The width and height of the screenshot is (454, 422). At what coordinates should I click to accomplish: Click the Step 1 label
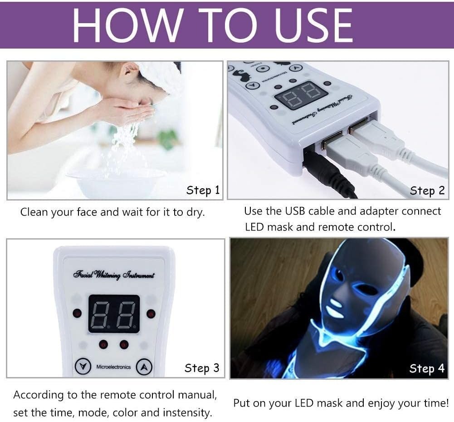[203, 190]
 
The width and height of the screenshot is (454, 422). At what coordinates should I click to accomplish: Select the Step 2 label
[427, 191]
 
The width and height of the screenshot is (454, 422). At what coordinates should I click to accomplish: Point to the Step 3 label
[202, 368]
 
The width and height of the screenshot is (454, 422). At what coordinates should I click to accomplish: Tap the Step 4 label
[427, 368]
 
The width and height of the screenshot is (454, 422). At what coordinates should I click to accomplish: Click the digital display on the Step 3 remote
[114, 314]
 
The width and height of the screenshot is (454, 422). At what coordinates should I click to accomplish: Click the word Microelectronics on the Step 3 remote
[113, 367]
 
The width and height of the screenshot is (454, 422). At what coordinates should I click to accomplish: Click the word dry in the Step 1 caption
[194, 212]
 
